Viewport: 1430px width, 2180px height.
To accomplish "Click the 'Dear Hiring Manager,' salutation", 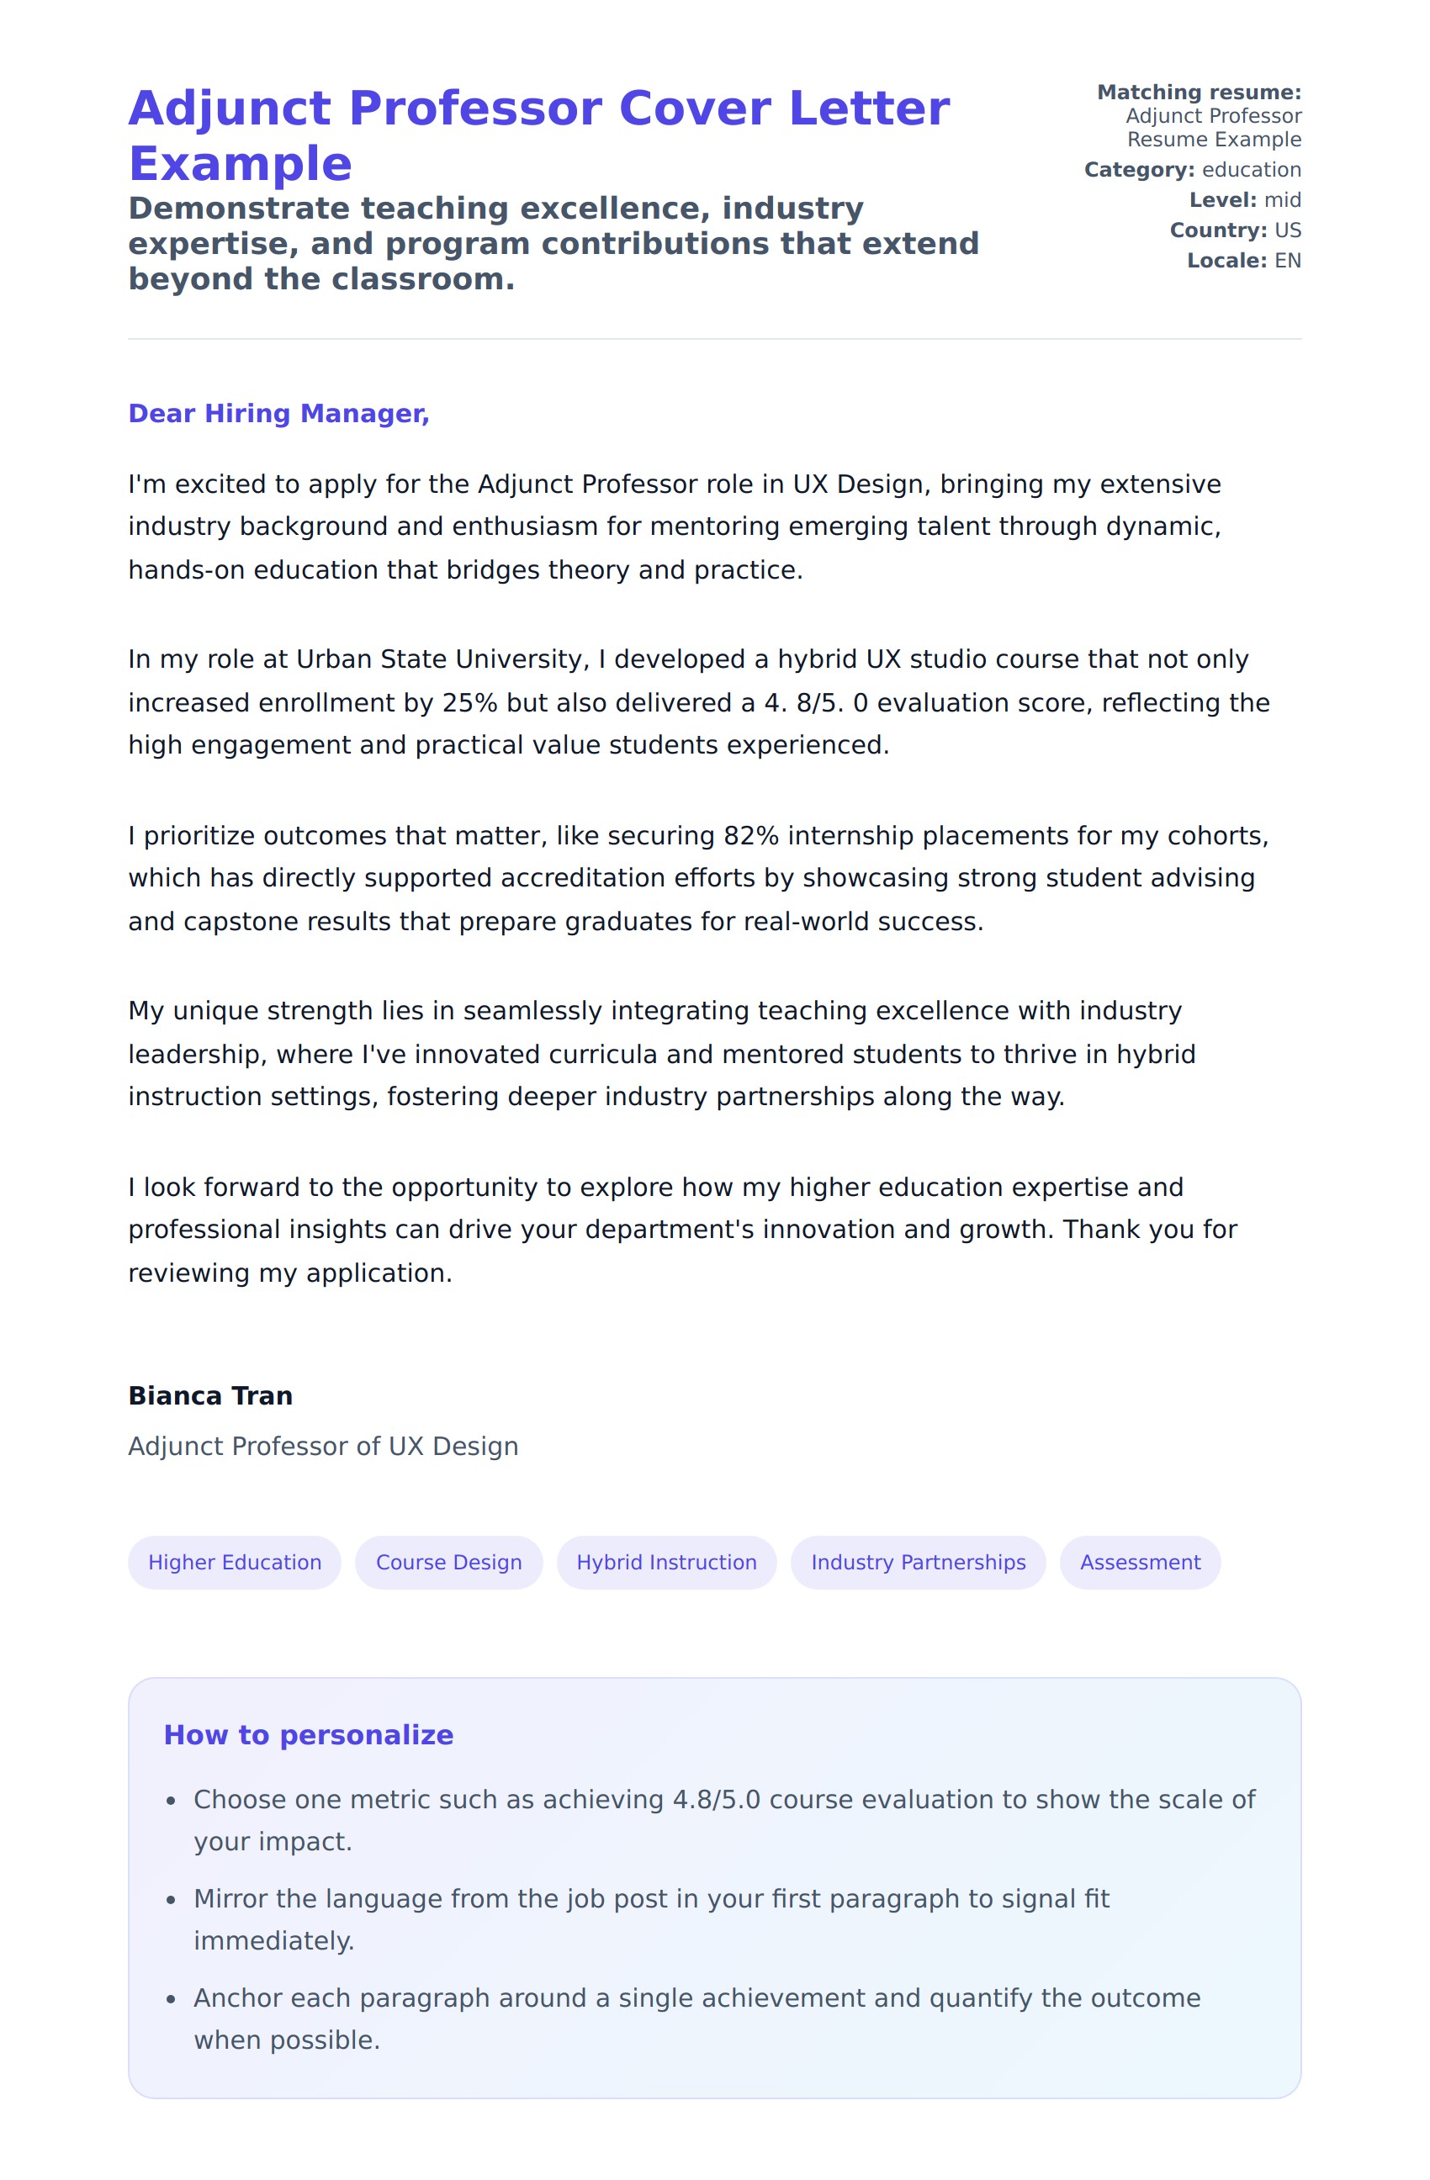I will tap(278, 414).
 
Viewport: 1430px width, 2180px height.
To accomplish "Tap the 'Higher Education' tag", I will tap(235, 1563).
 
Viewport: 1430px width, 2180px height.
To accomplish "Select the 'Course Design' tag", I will tap(449, 1563).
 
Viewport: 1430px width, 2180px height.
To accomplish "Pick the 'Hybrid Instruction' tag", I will tap(666, 1563).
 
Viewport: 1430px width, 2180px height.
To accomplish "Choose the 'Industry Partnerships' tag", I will tap(918, 1563).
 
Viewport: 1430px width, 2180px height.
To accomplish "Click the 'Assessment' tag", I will tap(1140, 1563).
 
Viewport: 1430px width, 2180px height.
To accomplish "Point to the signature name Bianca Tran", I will tap(210, 1396).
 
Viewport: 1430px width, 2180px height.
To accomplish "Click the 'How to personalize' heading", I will tap(309, 1735).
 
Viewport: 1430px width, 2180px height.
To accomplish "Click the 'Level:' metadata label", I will tap(1222, 201).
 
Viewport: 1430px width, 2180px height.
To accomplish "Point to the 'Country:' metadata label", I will tap(1217, 230).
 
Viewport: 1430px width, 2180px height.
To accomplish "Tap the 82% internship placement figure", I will tap(751, 835).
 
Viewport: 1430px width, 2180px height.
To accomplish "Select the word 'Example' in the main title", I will tap(240, 165).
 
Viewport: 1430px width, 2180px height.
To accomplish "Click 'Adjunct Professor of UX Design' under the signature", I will tap(323, 1447).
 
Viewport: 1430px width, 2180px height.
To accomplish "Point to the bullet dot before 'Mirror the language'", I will tap(171, 1901).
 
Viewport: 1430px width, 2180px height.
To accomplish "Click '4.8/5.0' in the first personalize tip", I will tap(717, 1800).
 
